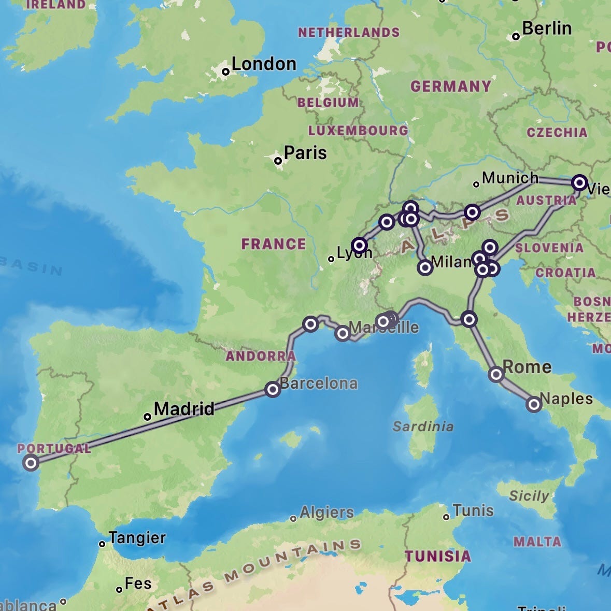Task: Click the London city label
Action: pos(264,64)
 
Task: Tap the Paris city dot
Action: pos(278,161)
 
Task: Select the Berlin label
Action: pos(546,29)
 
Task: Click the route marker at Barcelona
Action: pos(273,389)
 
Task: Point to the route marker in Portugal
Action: pos(31,462)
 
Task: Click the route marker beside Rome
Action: pos(496,374)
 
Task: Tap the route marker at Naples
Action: pos(534,404)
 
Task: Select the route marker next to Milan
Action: pos(425,268)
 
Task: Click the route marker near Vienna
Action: pos(579,183)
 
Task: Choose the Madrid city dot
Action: pos(147,417)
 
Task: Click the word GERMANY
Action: pos(450,86)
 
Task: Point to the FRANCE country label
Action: pos(274,244)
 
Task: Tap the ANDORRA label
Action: pos(260,356)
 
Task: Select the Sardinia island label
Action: pos(423,427)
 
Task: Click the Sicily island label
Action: pos(529,496)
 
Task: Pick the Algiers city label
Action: pos(326,513)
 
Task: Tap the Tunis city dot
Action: pos(446,517)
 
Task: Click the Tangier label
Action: pos(137,538)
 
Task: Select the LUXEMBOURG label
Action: pos(358,130)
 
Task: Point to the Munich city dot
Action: pos(476,184)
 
